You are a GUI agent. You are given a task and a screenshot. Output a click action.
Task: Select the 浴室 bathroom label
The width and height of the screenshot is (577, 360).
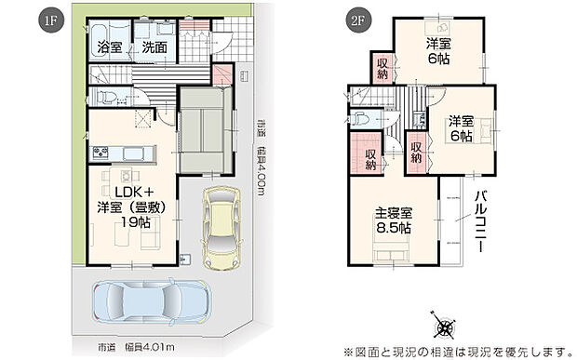click(x=110, y=47)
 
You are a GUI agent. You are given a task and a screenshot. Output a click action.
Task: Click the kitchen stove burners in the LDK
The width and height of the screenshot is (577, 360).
click(x=101, y=152)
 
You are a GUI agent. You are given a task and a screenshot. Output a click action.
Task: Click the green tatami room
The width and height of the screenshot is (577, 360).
click(x=203, y=130)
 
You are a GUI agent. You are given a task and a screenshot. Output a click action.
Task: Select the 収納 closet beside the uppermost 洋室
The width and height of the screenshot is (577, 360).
click(x=382, y=68)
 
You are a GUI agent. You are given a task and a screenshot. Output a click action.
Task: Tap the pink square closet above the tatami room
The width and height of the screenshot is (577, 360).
click(x=222, y=76)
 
